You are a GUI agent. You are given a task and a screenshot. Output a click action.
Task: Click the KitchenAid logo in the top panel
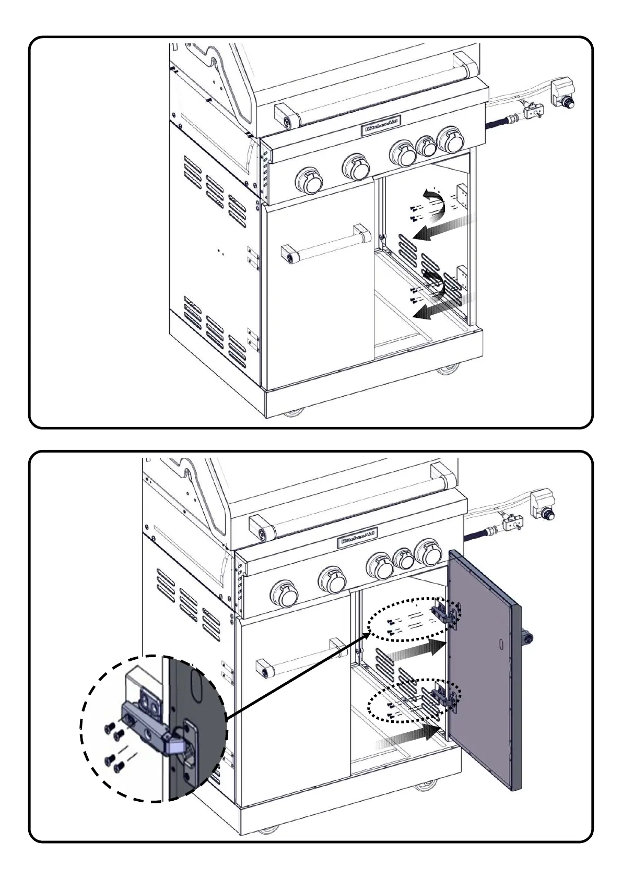point(381,126)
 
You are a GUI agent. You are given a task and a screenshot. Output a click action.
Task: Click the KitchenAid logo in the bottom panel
point(359,538)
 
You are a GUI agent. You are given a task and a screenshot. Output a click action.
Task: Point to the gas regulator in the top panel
point(562,93)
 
